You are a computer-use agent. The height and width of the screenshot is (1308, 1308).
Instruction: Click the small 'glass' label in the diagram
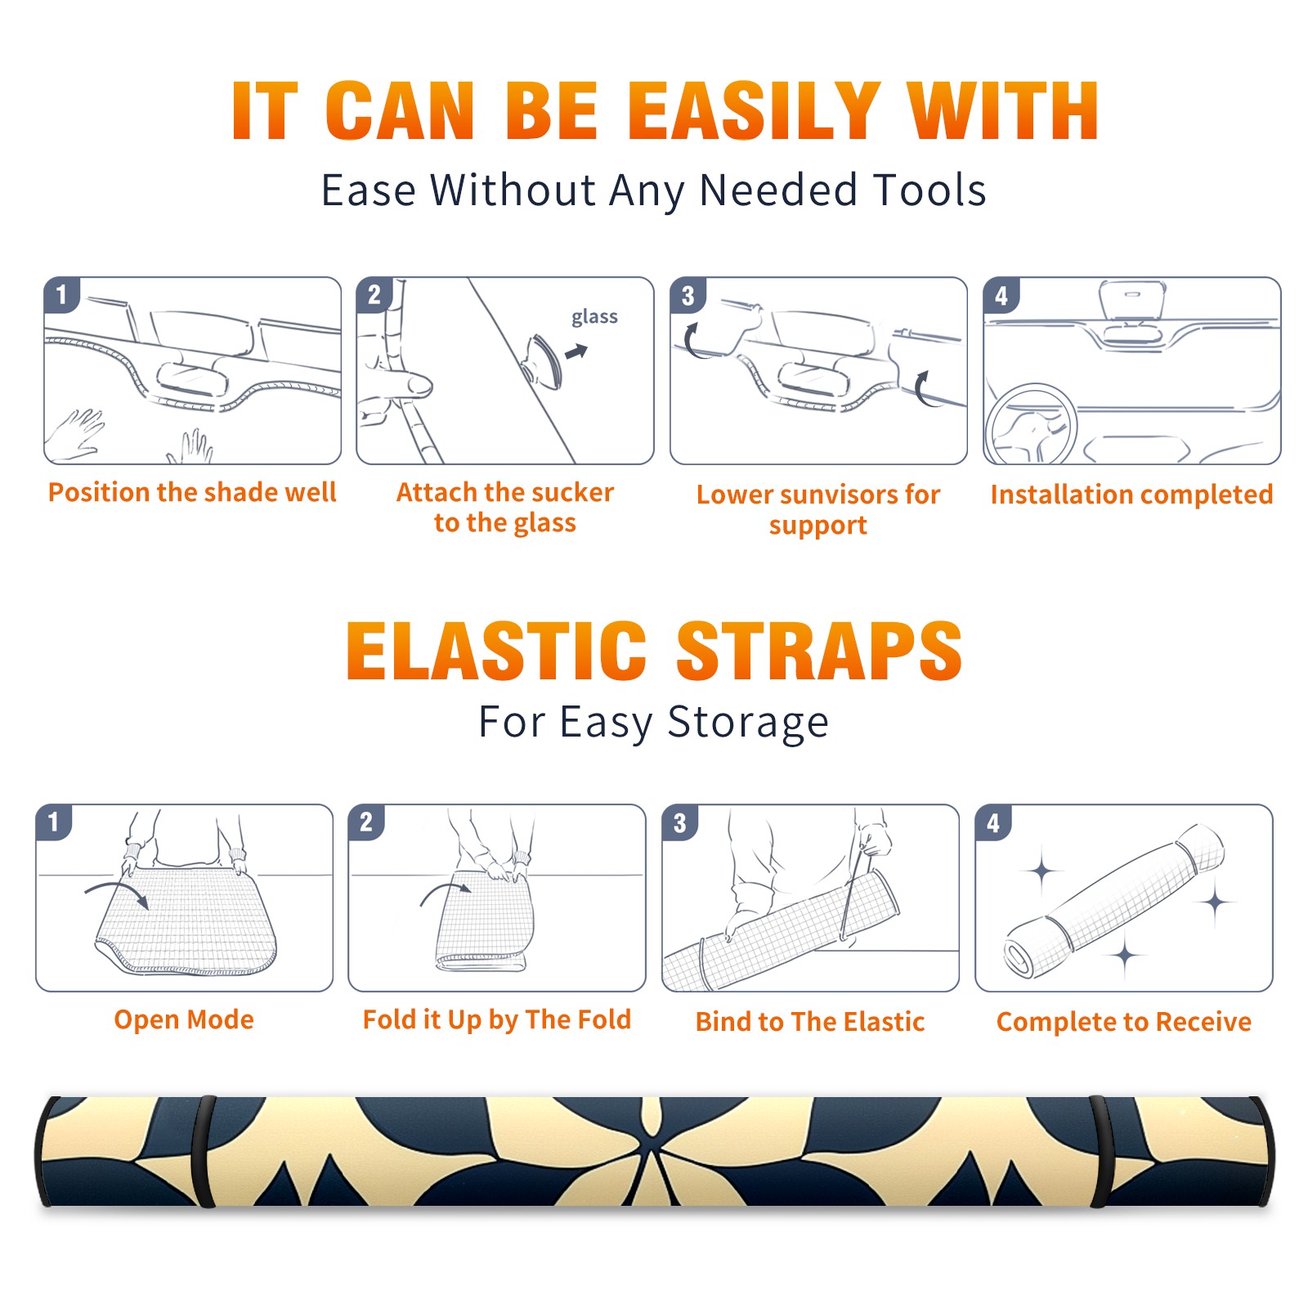(594, 317)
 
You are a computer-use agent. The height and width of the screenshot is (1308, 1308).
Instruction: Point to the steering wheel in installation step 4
(1031, 424)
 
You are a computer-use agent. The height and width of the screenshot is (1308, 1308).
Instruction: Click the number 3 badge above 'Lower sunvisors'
(688, 295)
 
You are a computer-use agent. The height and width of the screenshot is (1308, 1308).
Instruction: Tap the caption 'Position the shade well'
(192, 492)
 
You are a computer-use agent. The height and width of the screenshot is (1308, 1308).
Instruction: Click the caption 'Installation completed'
(1131, 494)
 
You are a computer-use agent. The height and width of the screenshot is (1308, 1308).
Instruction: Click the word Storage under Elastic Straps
(748, 723)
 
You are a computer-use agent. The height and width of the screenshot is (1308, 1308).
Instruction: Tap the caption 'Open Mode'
(184, 1019)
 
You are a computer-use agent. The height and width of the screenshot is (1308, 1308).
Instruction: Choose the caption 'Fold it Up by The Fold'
(497, 1019)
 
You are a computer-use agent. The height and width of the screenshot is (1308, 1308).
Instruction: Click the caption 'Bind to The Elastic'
(810, 1021)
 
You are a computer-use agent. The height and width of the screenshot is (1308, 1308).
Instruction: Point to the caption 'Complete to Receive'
(1124, 1022)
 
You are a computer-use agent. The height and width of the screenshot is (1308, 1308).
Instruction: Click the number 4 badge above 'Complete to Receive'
(992, 822)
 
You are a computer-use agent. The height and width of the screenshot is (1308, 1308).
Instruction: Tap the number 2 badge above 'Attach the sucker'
(374, 295)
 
